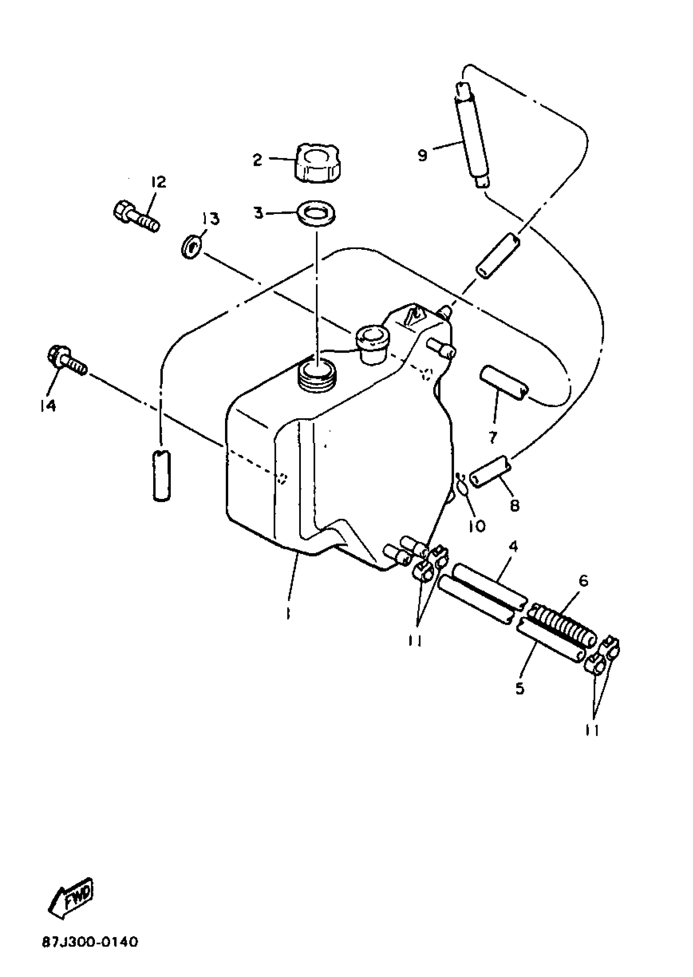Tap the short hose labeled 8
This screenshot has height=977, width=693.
coord(491,471)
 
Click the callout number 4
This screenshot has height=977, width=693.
coord(513,547)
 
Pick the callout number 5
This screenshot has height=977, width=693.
coord(520,688)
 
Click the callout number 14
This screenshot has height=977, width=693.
coord(48,406)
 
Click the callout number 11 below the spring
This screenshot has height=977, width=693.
coord(592,731)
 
